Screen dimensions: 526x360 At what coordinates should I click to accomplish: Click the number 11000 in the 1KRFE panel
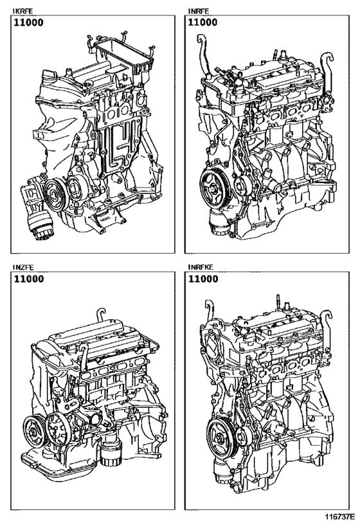point(30,22)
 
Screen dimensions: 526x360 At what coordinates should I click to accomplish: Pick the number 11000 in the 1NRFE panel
point(203,22)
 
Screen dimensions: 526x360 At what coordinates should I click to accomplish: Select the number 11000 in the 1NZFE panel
point(30,280)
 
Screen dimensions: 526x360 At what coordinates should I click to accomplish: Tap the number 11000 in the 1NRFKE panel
point(203,280)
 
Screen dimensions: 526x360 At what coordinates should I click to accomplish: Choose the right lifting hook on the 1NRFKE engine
point(329,318)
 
